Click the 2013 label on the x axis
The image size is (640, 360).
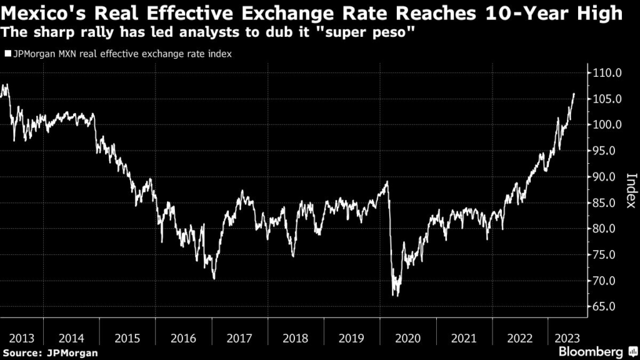pyautogui.click(x=22, y=338)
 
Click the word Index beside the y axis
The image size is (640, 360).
pyautogui.click(x=631, y=191)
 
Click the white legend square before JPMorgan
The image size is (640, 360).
pyautogui.click(x=7, y=54)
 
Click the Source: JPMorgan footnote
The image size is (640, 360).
pyautogui.click(x=50, y=353)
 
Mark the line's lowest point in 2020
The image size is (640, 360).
pyautogui.click(x=395, y=296)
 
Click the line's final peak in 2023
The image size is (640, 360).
pyautogui.click(x=574, y=94)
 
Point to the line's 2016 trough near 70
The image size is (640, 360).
pyautogui.click(x=214, y=279)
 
